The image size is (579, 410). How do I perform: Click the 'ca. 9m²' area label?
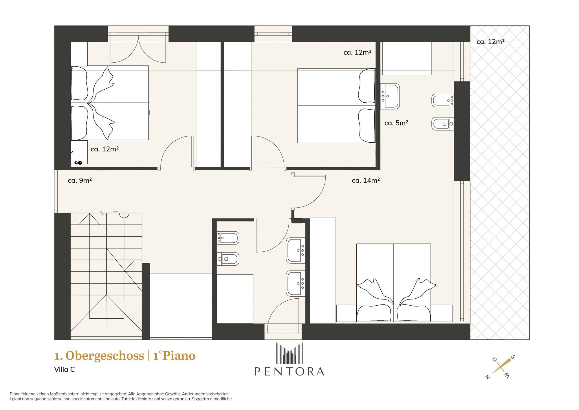coord(80,180)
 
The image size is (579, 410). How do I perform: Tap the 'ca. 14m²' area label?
coord(366,180)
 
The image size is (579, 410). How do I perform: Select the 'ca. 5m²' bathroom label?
coord(396,123)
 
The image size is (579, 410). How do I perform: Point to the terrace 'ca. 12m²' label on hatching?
coord(490,42)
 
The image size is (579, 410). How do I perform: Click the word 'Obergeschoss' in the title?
coord(105,356)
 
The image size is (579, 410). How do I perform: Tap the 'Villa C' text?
coord(64,369)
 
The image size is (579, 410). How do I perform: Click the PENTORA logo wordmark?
coord(289,371)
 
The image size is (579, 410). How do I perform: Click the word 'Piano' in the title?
coord(179,356)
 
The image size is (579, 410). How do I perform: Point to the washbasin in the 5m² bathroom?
coord(390,96)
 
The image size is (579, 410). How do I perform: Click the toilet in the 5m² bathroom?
coord(443,124)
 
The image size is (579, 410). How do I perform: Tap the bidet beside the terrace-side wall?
coord(443,101)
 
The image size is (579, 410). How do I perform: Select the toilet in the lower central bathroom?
coord(228,259)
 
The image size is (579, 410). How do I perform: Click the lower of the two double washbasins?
coord(296,284)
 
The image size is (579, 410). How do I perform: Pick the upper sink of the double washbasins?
coord(296,251)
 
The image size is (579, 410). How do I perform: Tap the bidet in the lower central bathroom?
coord(228,238)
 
